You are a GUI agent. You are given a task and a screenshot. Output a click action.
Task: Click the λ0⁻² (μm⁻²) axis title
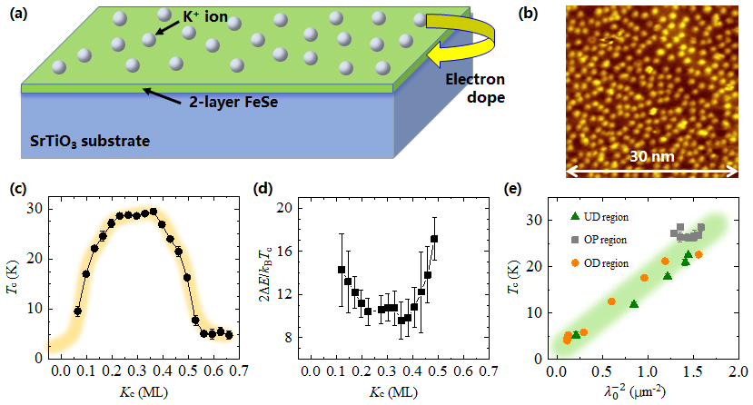click(646, 392)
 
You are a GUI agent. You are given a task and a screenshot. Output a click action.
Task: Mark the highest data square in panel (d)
click(435, 239)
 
